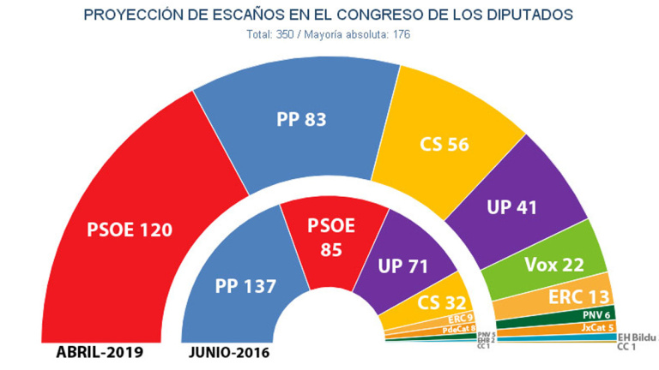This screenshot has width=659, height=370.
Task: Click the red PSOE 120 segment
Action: [x=129, y=230]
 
